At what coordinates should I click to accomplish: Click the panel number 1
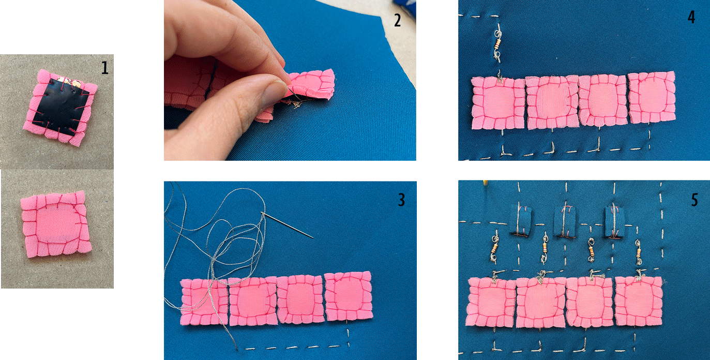coord(104,68)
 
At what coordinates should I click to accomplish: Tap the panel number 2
coord(398,20)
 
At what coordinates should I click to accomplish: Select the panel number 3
coord(401,200)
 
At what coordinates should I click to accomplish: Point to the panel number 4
coord(691,17)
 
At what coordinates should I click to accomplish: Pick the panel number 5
coord(694,200)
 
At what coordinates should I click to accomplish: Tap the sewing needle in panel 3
coord(287,225)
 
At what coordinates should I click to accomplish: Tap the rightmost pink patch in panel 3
coord(349,296)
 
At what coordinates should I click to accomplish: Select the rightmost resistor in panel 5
coord(638,253)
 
